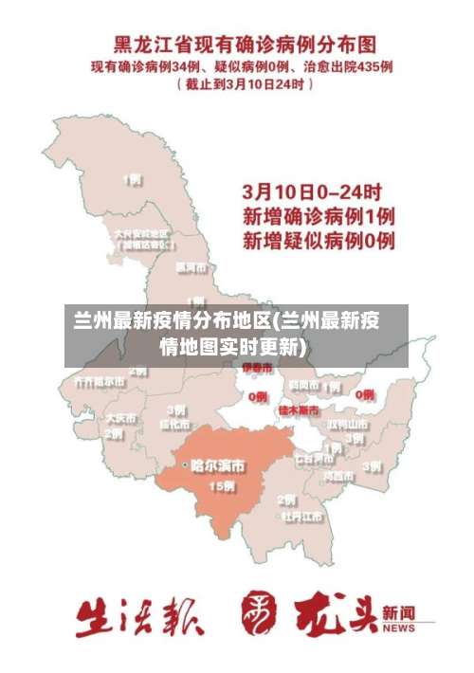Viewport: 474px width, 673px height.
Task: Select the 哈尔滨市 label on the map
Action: coord(218,466)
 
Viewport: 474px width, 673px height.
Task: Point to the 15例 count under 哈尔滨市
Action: coord(221,486)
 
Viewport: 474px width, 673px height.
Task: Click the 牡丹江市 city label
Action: coord(301,518)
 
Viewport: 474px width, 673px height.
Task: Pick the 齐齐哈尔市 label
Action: coord(92,382)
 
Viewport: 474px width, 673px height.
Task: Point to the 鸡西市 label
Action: coord(338,474)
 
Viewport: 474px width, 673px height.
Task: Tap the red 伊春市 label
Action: coord(257,367)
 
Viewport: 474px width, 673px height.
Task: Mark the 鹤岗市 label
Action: coord(304,385)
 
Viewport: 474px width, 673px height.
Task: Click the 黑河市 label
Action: coord(191,266)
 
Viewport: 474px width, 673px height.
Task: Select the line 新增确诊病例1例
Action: coord(318,215)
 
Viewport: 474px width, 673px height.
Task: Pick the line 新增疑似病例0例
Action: coord(318,240)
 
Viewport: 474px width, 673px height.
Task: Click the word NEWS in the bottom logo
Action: coord(399,628)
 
